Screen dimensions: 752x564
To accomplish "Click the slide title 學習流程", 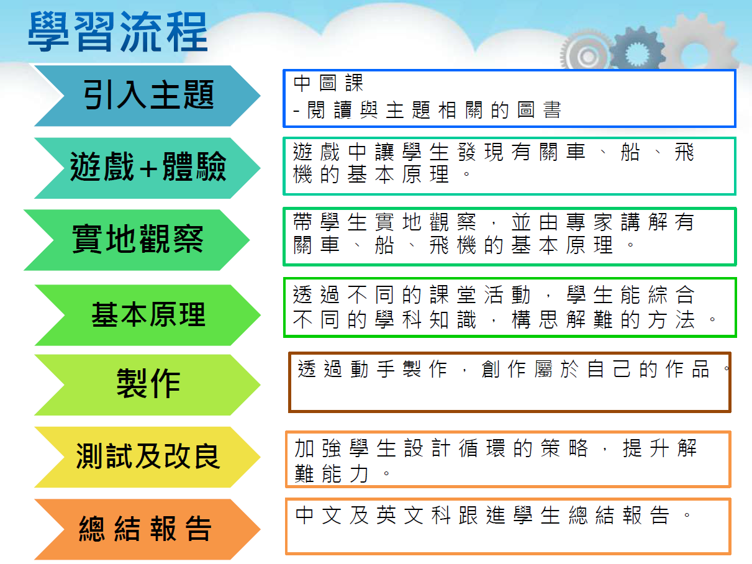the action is click(x=118, y=32).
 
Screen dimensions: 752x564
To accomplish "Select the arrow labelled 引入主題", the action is click(x=147, y=96).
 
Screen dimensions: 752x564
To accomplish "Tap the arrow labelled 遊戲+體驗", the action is click(x=147, y=168).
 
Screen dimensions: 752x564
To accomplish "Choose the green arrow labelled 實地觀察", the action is click(x=137, y=240).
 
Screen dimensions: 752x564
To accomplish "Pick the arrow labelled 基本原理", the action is click(x=148, y=315).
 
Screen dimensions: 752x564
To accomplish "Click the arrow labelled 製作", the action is click(x=147, y=384).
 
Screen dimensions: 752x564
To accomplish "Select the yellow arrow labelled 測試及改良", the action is click(x=147, y=457).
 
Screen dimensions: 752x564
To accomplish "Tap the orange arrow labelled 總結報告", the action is click(x=147, y=529).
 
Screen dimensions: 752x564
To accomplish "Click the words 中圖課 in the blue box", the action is click(x=328, y=83).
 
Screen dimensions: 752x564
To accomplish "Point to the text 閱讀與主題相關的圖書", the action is click(x=435, y=110).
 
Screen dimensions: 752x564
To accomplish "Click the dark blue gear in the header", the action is click(x=636, y=50).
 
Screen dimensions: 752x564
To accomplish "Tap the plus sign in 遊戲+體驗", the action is click(x=148, y=168).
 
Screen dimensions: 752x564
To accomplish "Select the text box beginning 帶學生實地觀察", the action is click(x=509, y=237).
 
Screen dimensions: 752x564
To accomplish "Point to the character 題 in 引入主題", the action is click(x=199, y=95).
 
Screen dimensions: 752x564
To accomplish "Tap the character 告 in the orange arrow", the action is click(x=198, y=529).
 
